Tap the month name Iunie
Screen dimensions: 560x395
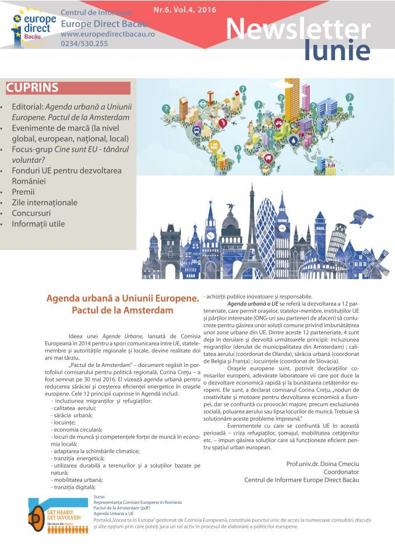(x=337, y=52)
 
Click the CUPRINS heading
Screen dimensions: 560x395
(x=33, y=88)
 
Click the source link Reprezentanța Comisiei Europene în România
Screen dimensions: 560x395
(x=137, y=502)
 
